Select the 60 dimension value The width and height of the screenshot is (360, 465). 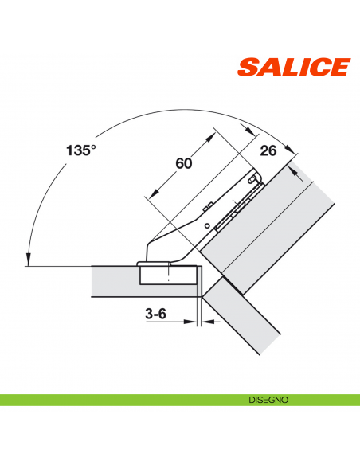click(x=183, y=163)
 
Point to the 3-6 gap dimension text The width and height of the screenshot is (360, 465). click(x=155, y=314)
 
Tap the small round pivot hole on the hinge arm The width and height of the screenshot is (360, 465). click(x=209, y=226)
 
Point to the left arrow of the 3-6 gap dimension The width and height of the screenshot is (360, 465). click(x=193, y=322)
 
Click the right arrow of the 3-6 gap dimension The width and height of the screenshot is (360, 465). click(x=205, y=322)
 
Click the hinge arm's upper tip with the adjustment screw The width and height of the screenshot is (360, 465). click(x=255, y=181)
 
